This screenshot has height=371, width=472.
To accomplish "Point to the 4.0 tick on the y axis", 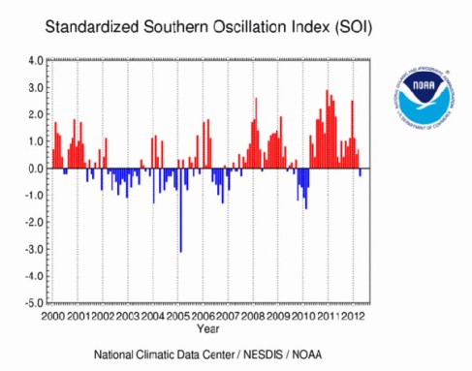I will tap(32, 60).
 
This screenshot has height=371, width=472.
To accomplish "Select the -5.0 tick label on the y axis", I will tap(30, 303).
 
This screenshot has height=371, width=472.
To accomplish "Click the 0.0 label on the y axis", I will tap(32, 169).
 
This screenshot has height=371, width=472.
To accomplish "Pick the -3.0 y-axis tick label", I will tap(30, 249).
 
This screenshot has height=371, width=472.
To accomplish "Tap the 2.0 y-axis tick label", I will tap(32, 114).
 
